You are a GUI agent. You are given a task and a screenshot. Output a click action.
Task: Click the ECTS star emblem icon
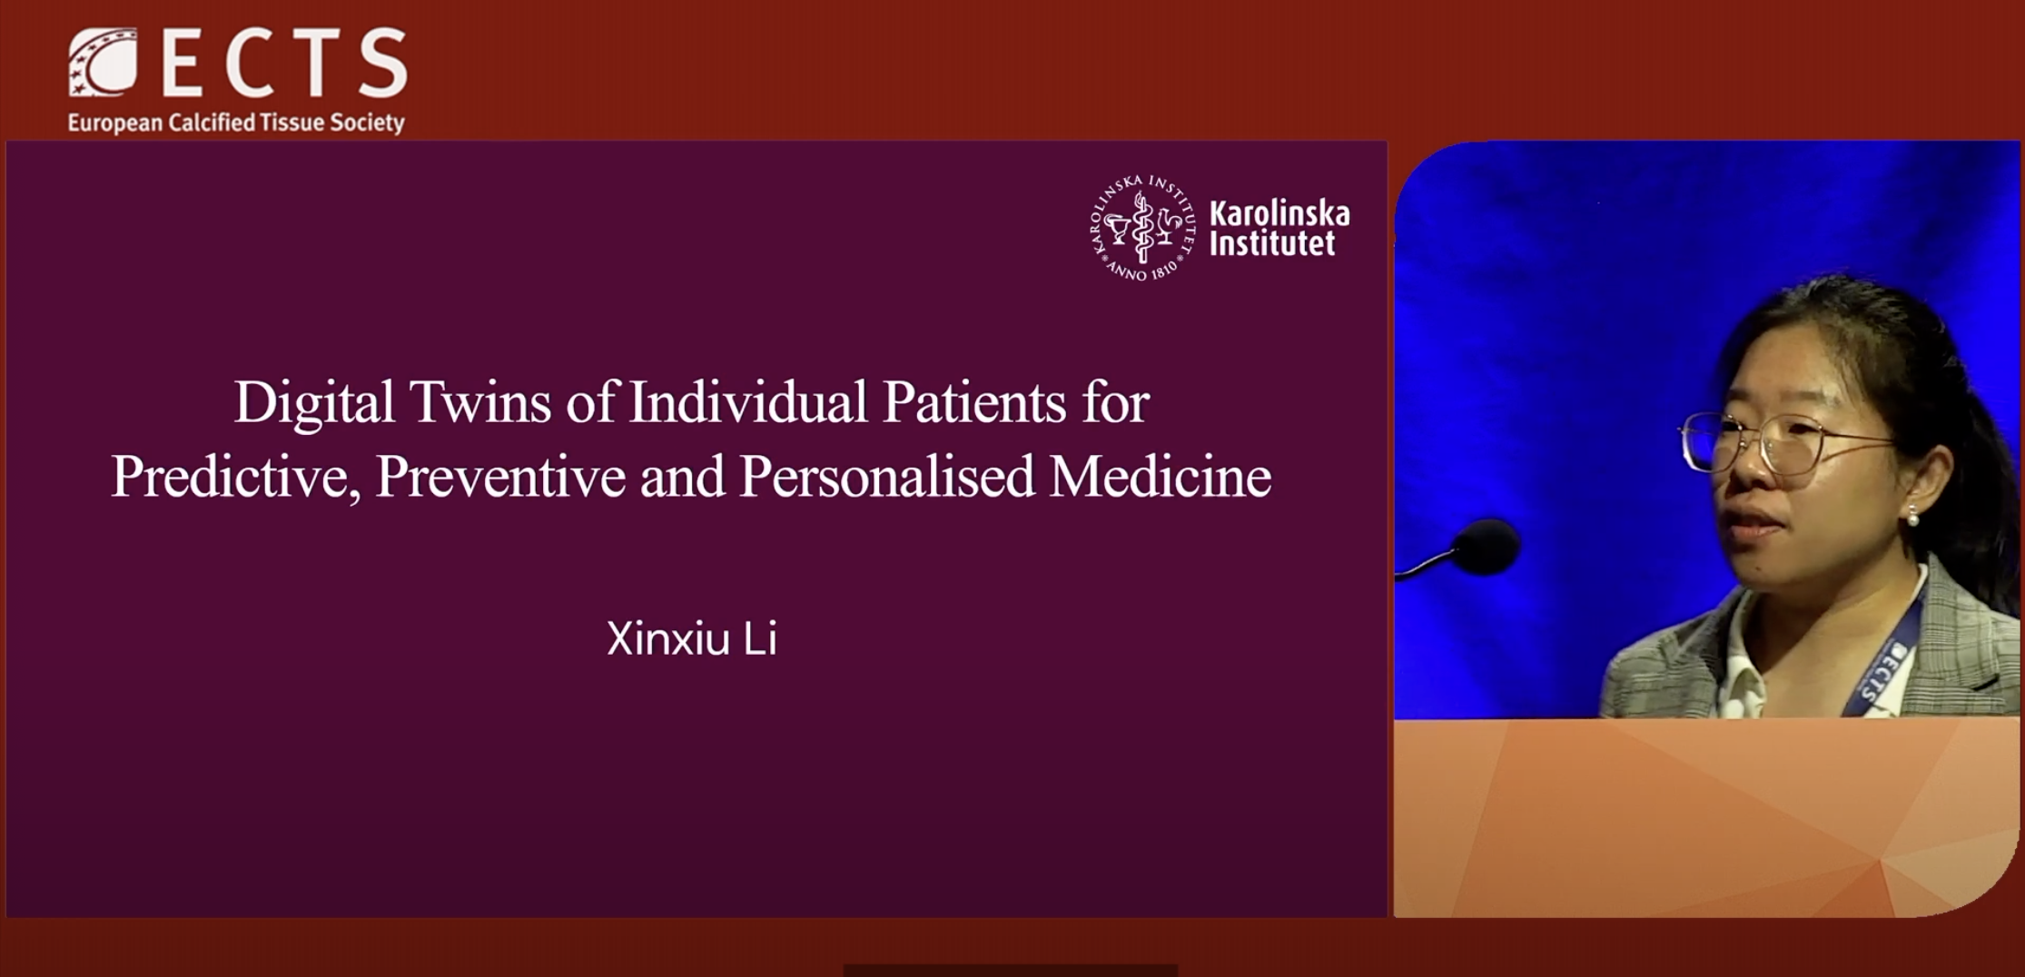tap(103, 62)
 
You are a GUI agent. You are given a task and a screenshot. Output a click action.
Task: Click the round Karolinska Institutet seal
tap(1142, 227)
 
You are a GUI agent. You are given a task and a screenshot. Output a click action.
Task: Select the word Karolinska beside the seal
tap(1279, 213)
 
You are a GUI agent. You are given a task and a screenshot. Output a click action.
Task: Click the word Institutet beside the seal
tap(1272, 243)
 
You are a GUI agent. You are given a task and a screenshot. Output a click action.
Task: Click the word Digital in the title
tap(314, 403)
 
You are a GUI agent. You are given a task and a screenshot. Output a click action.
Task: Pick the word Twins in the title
tap(479, 402)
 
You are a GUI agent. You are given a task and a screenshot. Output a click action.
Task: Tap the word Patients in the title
tap(974, 402)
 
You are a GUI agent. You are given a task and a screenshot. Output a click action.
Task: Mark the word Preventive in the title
tap(500, 477)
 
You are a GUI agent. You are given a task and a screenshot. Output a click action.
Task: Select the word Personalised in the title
tap(887, 477)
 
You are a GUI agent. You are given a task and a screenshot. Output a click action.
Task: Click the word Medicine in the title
tap(1161, 477)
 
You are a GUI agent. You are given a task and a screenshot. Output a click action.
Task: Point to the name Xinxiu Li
tap(692, 639)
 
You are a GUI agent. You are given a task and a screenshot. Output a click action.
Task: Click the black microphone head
tap(1487, 547)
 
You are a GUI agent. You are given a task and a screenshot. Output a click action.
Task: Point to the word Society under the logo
tap(367, 123)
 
